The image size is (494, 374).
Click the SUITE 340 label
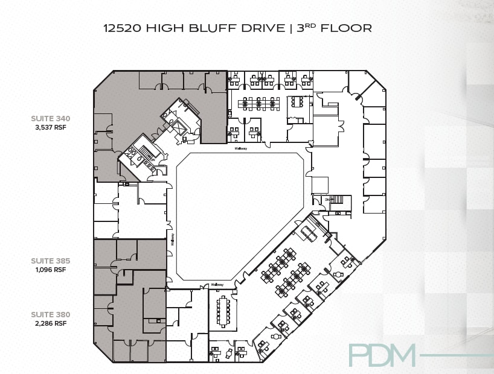(x=51, y=118)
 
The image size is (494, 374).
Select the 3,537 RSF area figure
(x=51, y=127)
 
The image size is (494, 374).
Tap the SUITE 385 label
(x=51, y=261)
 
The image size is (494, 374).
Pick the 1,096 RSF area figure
(x=51, y=270)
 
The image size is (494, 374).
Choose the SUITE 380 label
(x=51, y=314)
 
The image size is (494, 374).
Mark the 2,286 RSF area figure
(x=51, y=323)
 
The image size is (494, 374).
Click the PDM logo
(x=382, y=355)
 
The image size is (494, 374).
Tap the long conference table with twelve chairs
(x=223, y=310)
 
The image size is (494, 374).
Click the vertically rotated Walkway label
(x=172, y=239)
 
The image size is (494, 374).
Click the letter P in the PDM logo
(x=359, y=355)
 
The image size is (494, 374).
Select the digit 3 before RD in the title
(x=301, y=28)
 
